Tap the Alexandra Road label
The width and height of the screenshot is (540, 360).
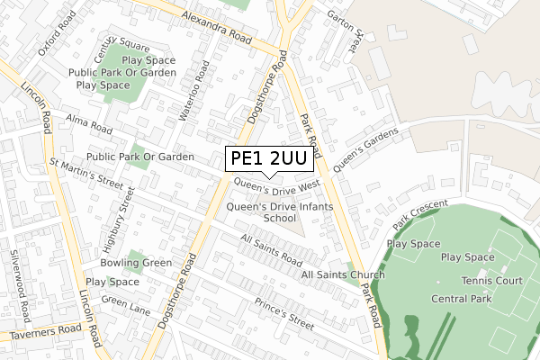tap(214, 28)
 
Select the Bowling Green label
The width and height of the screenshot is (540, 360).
tap(137, 264)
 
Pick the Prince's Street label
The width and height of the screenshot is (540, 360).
tap(283, 312)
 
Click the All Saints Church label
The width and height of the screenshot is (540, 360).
tap(342, 274)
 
